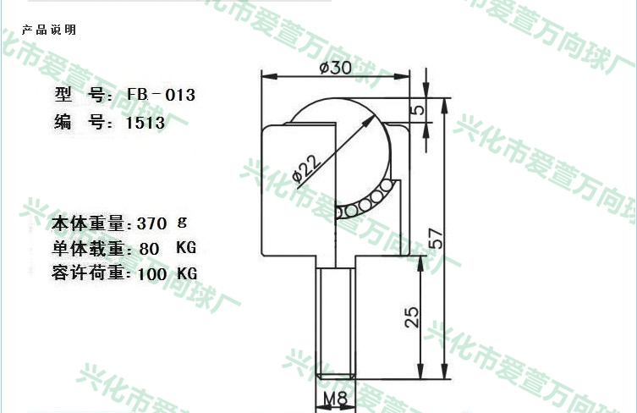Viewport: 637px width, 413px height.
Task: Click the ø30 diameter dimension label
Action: [x=336, y=68]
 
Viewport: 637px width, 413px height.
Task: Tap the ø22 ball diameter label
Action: [x=307, y=168]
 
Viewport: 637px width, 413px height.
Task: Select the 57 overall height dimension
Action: [x=435, y=238]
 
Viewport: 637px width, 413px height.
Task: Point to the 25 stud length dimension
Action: [x=411, y=317]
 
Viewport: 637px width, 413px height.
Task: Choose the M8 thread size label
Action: [x=336, y=399]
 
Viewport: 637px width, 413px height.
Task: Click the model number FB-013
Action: [x=162, y=95]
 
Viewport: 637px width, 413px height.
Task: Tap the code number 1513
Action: [x=146, y=123]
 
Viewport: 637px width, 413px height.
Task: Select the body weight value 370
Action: [x=151, y=223]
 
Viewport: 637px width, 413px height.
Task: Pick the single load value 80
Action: [x=149, y=249]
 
